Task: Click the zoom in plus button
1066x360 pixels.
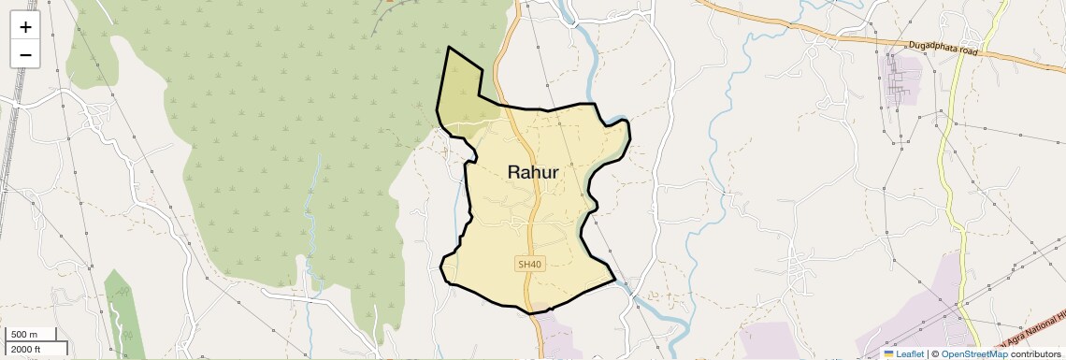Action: click(25, 27)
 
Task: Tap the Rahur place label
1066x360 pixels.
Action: click(533, 172)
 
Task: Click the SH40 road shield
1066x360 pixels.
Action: click(528, 265)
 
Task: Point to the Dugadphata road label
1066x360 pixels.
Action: click(943, 49)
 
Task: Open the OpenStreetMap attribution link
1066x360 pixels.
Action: click(974, 353)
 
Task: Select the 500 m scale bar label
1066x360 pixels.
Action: click(24, 335)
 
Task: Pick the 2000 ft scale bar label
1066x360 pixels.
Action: click(25, 349)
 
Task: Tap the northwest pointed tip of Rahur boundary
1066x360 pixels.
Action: click(449, 47)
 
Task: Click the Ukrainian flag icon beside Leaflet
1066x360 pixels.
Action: click(888, 353)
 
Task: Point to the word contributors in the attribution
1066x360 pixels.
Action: click(1035, 353)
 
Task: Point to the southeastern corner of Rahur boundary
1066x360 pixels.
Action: click(614, 279)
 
